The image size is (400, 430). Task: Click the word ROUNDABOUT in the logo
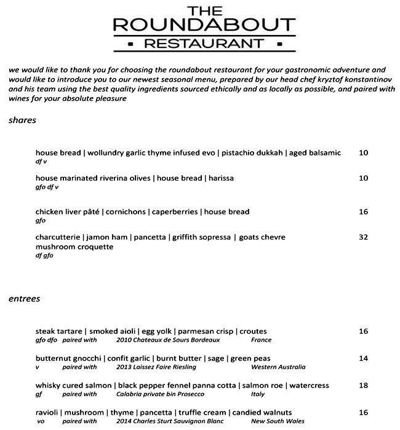(200, 25)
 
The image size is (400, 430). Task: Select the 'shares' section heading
(22, 120)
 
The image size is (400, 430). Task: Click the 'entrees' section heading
(25, 299)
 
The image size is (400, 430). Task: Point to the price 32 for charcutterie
(363, 237)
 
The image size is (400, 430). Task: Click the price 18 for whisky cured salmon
(363, 385)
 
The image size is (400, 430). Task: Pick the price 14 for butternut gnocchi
(363, 358)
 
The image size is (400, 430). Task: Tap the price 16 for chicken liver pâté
(363, 212)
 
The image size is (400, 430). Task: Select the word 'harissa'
(221, 178)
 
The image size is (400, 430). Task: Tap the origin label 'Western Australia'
(278, 367)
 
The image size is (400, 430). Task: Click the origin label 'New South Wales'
(278, 421)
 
